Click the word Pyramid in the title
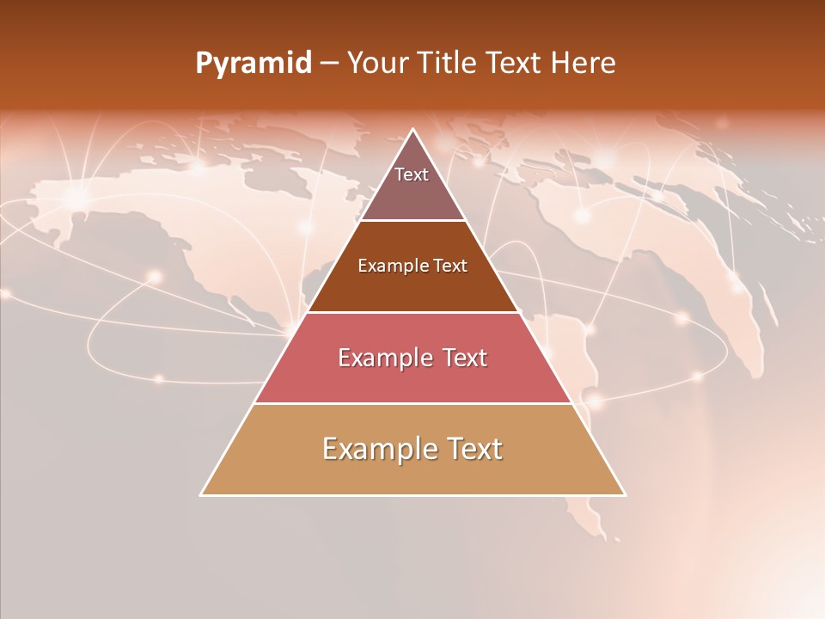coord(253,64)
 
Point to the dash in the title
coord(329,64)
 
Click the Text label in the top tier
coord(412,175)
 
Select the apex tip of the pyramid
coord(413,130)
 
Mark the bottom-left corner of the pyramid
coord(201,495)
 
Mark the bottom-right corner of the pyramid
coord(625,495)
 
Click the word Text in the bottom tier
coord(473,449)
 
